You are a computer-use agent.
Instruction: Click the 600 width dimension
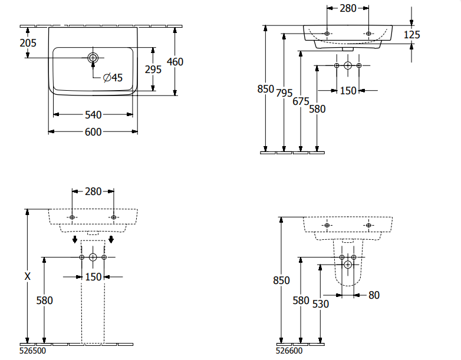click(x=93, y=132)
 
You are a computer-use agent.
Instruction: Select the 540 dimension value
click(x=93, y=114)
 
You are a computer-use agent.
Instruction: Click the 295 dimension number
click(x=153, y=69)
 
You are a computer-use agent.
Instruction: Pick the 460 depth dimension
click(x=175, y=61)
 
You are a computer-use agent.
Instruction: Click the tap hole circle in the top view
click(x=93, y=58)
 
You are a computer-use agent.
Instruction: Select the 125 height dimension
click(x=412, y=35)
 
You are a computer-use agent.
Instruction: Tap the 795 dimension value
click(x=284, y=93)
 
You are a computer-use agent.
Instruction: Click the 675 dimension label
click(x=301, y=101)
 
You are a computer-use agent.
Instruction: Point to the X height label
click(x=28, y=276)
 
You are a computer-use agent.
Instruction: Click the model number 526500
click(x=33, y=352)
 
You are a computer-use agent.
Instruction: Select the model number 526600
click(x=289, y=352)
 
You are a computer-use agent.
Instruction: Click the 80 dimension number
click(x=374, y=295)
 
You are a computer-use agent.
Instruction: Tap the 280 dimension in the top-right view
click(x=348, y=8)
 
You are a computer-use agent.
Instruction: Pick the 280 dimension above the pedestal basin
click(x=93, y=191)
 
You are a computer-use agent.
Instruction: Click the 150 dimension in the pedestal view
click(x=93, y=277)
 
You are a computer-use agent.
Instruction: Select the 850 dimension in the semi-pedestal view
click(x=282, y=280)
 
